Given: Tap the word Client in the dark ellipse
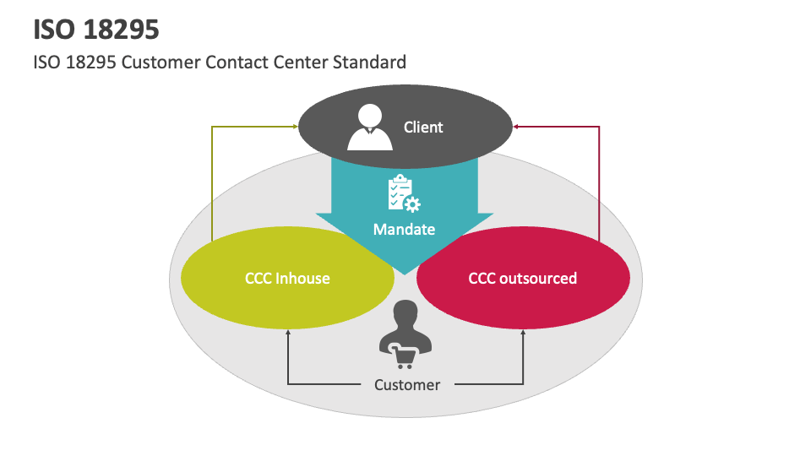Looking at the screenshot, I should (x=423, y=128).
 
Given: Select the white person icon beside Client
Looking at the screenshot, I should (x=370, y=126).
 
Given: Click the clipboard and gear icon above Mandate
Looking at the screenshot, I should (x=404, y=193).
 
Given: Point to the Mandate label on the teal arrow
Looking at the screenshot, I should (x=405, y=229).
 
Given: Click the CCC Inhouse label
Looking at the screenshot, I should (x=287, y=278).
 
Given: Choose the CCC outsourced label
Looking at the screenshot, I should (x=523, y=278).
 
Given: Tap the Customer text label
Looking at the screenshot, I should (x=407, y=385).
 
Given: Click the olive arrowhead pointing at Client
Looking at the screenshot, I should (x=295, y=127).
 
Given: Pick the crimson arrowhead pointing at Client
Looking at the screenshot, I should (x=517, y=127).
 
